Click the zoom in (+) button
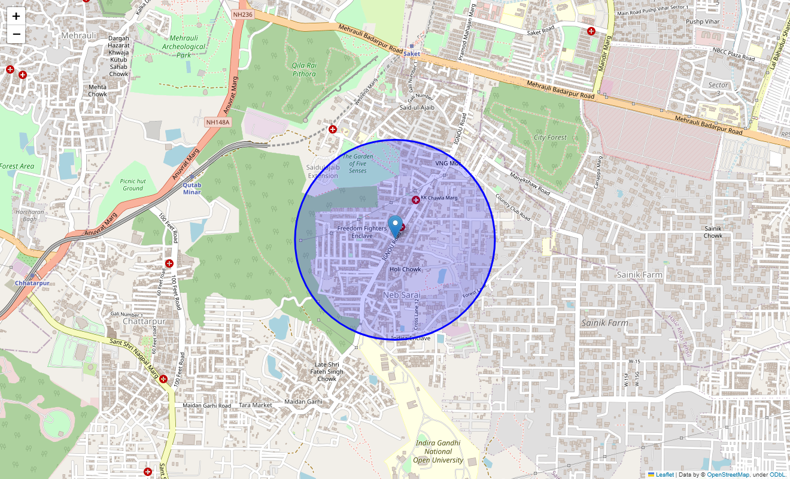tap(16, 16)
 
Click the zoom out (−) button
tap(16, 34)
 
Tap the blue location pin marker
tap(395, 226)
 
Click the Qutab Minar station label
tap(192, 188)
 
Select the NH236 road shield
tap(242, 14)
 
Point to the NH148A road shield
tap(217, 122)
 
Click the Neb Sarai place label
tap(402, 295)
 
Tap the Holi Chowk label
tap(405, 269)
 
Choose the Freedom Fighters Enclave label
tap(362, 232)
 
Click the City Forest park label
tap(550, 137)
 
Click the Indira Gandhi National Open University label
tap(439, 451)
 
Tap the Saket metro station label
tap(412, 54)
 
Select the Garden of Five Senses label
tap(358, 163)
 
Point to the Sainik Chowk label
tap(713, 232)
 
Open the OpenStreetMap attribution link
tap(728, 475)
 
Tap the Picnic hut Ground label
tap(133, 184)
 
